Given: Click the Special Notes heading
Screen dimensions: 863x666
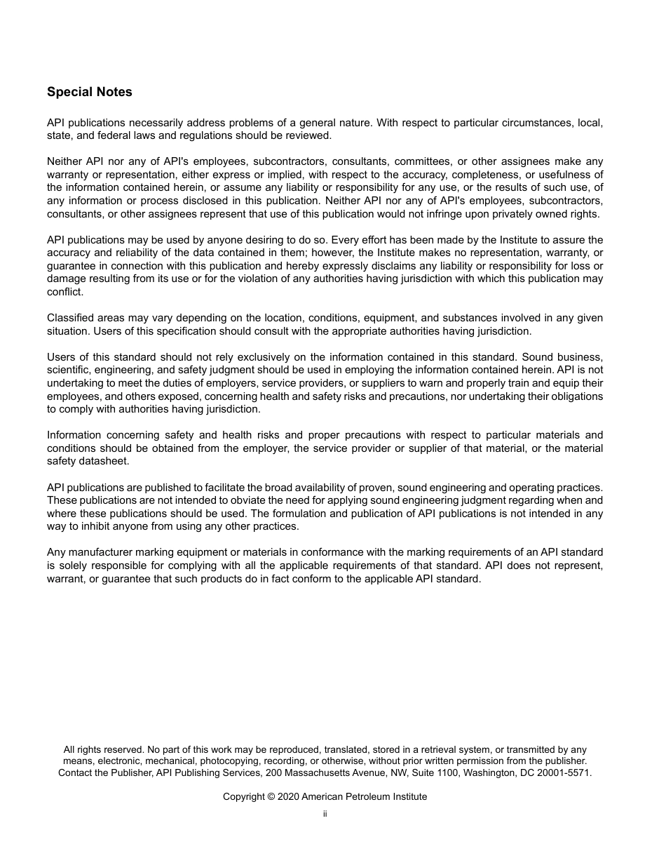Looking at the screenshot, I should (x=89, y=92).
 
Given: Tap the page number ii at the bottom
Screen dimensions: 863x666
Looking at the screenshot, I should (x=325, y=814).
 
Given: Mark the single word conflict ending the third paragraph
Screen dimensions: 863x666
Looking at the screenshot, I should (x=65, y=292).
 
